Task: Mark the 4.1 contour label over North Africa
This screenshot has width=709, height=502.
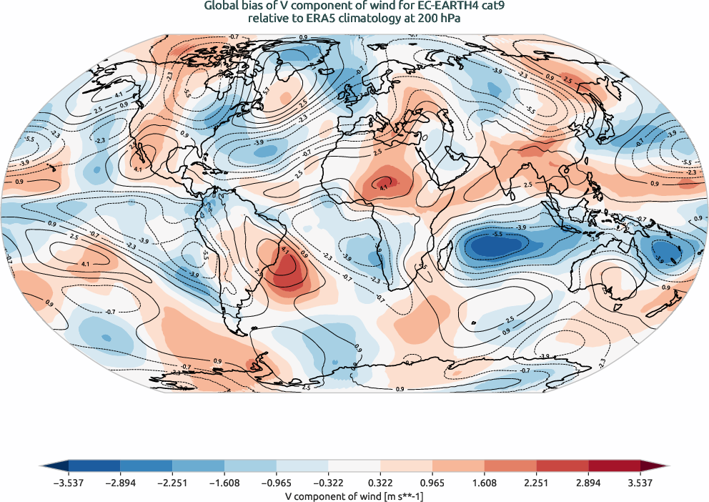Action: coord(383,187)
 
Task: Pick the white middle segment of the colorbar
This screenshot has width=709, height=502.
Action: coord(354,466)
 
